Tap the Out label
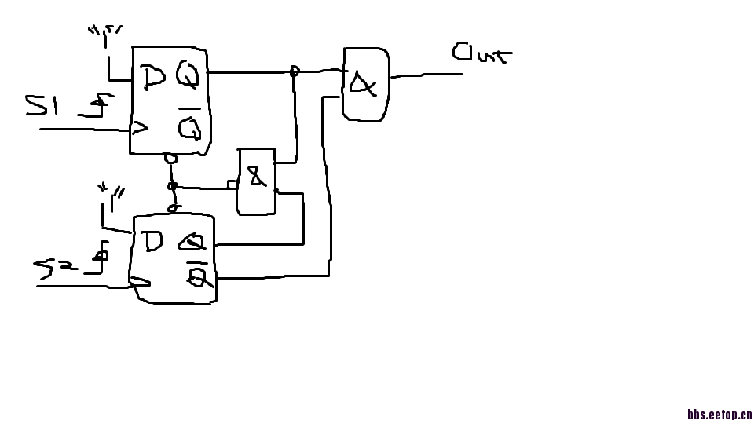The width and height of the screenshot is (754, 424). (x=481, y=53)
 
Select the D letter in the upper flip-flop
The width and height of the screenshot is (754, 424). (x=154, y=77)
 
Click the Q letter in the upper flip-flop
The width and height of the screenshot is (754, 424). (x=188, y=75)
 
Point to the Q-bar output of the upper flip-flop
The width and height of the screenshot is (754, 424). (x=189, y=126)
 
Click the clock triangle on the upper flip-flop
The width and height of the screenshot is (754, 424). (x=140, y=127)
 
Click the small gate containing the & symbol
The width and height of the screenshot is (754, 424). (x=257, y=181)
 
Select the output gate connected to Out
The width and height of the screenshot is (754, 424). (x=365, y=84)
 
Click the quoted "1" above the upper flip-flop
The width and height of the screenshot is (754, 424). (x=104, y=34)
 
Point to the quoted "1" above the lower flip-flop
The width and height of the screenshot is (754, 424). (x=111, y=191)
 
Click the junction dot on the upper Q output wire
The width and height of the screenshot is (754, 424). (x=295, y=71)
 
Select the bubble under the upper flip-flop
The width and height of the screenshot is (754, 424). (x=170, y=158)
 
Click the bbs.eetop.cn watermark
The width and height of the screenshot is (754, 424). (x=719, y=414)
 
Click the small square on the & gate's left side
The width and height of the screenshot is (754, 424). (x=232, y=185)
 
